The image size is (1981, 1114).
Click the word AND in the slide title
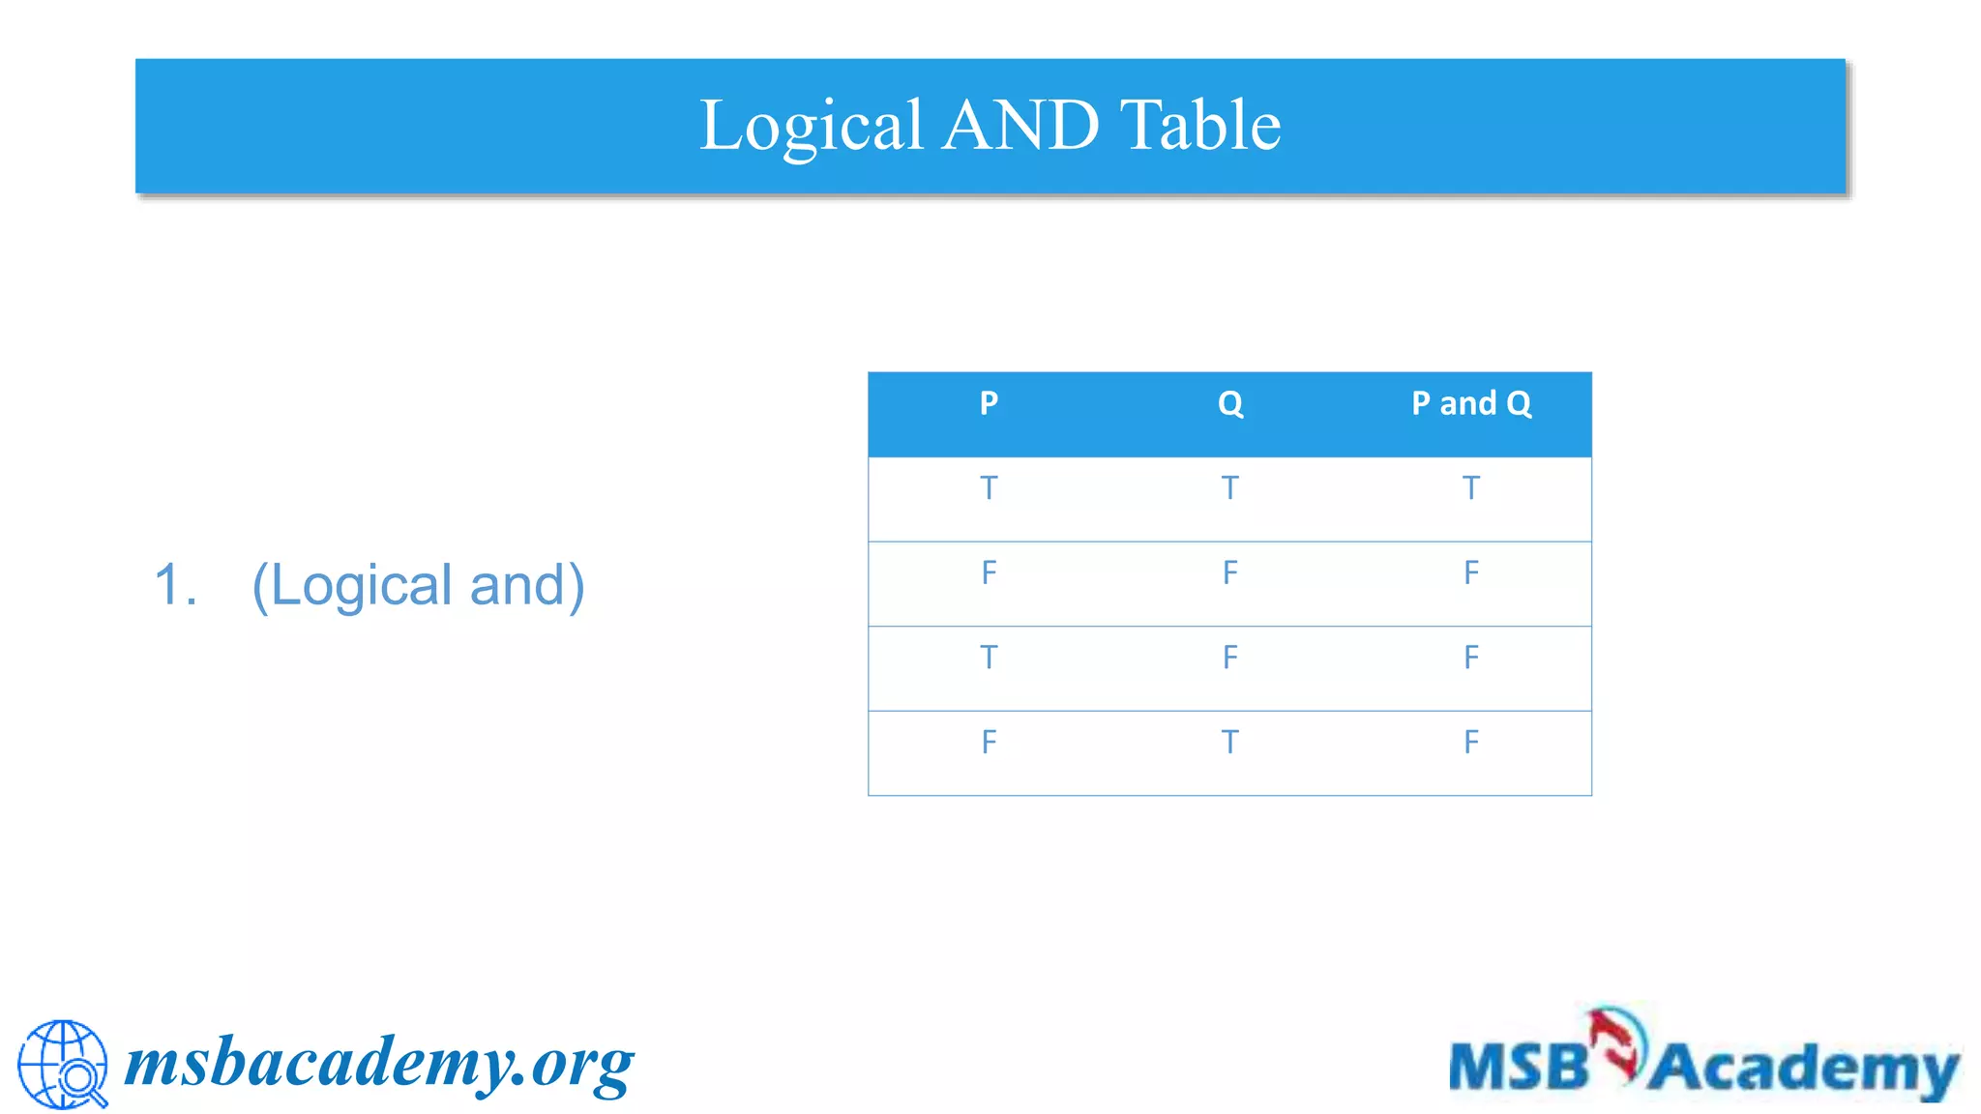click(1020, 126)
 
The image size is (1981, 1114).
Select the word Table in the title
click(1200, 126)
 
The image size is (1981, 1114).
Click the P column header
click(988, 403)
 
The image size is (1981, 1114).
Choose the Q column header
click(1229, 403)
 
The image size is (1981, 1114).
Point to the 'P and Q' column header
click(1471, 403)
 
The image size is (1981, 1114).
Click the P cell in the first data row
click(988, 488)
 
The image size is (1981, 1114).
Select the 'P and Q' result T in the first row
click(1471, 488)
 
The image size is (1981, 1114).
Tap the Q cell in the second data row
click(1229, 572)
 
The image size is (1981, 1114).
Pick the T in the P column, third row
click(988, 658)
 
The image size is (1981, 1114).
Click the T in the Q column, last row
click(1229, 742)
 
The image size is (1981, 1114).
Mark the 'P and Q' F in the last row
click(1471, 742)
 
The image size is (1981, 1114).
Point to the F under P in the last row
click(988, 742)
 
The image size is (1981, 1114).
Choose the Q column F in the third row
click(1229, 658)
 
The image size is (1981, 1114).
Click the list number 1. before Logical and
click(175, 585)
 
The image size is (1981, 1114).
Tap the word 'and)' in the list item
click(527, 585)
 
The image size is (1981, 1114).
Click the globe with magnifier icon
click(63, 1064)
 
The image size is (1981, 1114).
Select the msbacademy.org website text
click(379, 1064)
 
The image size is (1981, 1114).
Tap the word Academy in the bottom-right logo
click(1804, 1069)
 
